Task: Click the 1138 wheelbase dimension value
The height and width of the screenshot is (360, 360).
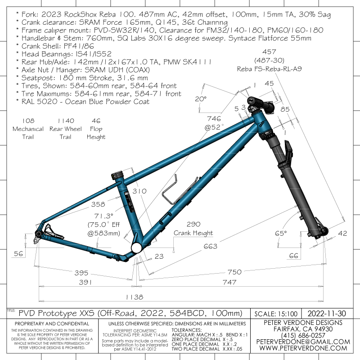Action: click(134, 297)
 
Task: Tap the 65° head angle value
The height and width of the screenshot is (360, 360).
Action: click(281, 233)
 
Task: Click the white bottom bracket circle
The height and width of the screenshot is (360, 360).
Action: click(136, 248)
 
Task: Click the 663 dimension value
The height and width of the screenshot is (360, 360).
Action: click(210, 246)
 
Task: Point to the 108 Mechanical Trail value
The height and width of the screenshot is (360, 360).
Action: click(28, 121)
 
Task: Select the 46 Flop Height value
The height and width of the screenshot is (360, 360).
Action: click(96, 121)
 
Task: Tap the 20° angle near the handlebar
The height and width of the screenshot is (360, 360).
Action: click(200, 98)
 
